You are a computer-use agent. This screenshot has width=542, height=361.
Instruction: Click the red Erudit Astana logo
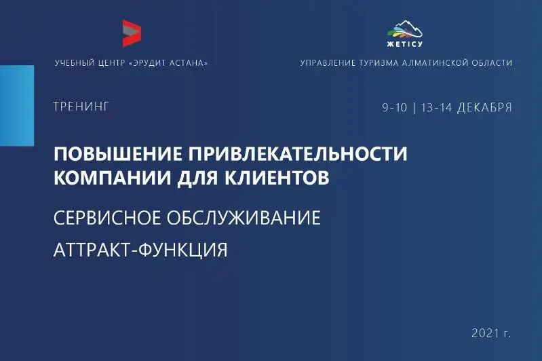click(131, 33)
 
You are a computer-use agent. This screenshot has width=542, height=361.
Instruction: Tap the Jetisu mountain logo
click(405, 30)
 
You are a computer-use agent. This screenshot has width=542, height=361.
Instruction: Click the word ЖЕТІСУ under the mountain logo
click(405, 45)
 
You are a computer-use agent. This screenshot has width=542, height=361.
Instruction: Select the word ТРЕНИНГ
click(81, 107)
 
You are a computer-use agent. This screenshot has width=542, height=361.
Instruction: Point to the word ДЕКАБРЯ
click(484, 107)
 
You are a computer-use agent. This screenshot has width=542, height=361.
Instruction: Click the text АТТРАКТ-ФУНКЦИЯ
click(140, 250)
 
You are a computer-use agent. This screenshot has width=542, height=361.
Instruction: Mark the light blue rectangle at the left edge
click(16, 105)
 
